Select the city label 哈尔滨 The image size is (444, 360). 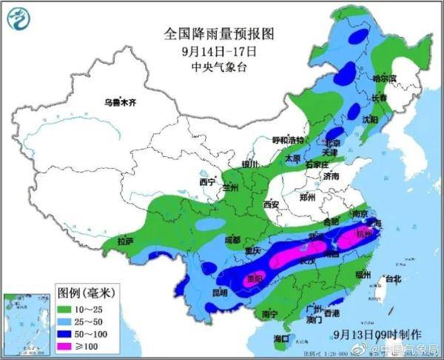pyautogui.click(x=384, y=78)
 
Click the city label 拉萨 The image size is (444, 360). pyautogui.click(x=125, y=241)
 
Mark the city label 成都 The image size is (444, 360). pyautogui.click(x=232, y=239)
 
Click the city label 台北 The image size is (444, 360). pyautogui.click(x=391, y=279)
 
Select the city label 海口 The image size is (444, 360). pyautogui.click(x=281, y=338)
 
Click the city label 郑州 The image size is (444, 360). pyautogui.click(x=306, y=198)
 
